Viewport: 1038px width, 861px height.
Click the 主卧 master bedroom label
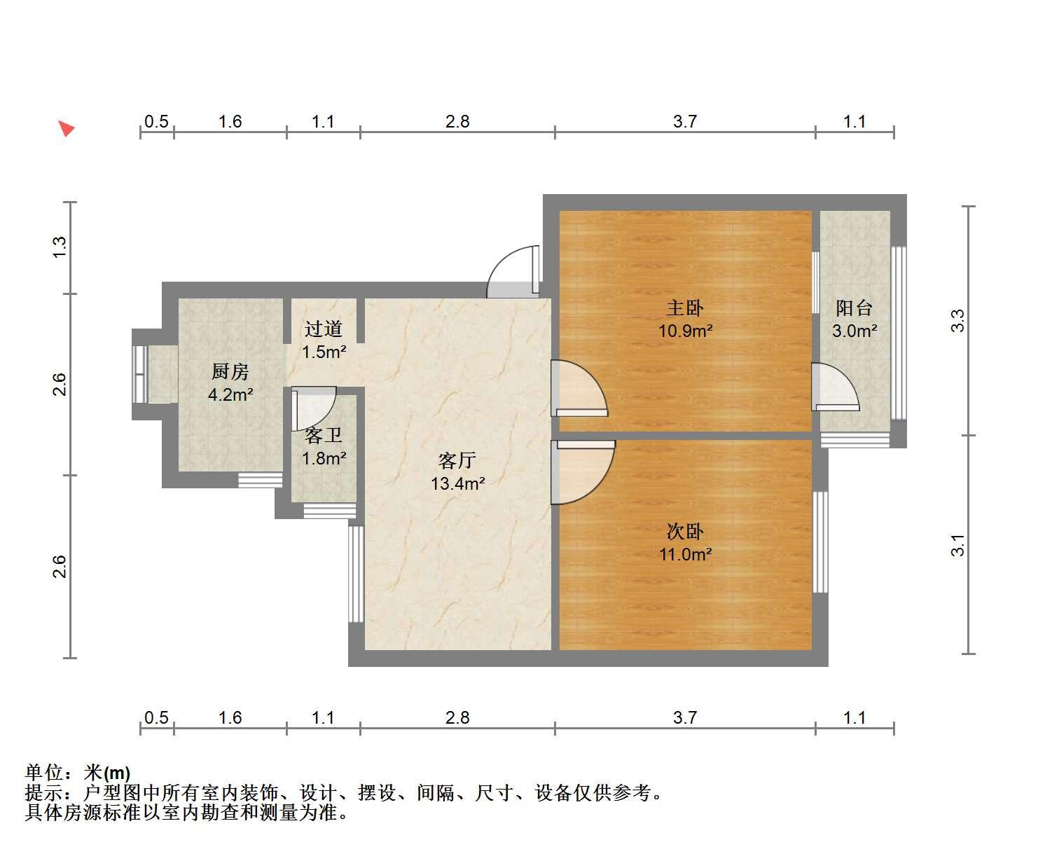coord(684,308)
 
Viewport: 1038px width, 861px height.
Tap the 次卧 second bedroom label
coord(684,532)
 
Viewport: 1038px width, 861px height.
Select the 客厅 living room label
coord(457,460)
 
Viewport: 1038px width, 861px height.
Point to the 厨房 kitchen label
coord(230,371)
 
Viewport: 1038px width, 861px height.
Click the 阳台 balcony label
coord(854,308)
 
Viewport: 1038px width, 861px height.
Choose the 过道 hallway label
coord(324,329)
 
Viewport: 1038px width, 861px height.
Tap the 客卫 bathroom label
coord(324,436)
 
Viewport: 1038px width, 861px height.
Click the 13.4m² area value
coord(457,483)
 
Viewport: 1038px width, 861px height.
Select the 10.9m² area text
coord(686,331)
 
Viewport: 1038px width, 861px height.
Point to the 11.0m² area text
coord(686,554)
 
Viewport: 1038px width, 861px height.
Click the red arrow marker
coord(66,128)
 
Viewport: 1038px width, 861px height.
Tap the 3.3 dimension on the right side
coord(957,321)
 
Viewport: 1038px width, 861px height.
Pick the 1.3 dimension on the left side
coord(59,247)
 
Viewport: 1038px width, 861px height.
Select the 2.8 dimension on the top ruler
coord(457,121)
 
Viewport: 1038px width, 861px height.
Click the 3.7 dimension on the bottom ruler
coord(685,718)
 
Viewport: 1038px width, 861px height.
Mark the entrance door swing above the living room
coord(513,272)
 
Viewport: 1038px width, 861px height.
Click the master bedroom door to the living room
coord(580,388)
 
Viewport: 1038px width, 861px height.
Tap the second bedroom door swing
coord(583,472)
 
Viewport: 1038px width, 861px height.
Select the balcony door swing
coord(836,387)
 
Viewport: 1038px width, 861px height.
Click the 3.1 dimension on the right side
coord(957,545)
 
